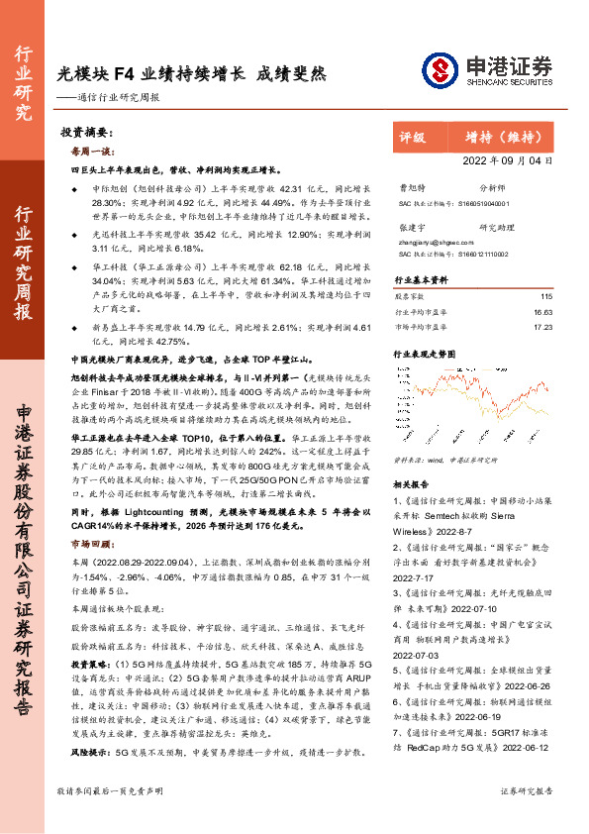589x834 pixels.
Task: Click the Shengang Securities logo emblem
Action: pyautogui.click(x=439, y=69)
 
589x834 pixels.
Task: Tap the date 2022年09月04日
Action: pyautogui.click(x=508, y=159)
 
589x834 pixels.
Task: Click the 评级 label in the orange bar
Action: pyautogui.click(x=412, y=138)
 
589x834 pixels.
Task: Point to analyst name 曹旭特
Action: pyautogui.click(x=410, y=186)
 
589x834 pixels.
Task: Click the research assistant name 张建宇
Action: pyautogui.click(x=410, y=227)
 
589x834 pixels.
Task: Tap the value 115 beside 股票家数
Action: pyautogui.click(x=546, y=296)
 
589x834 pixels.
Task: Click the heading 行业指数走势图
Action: pyautogui.click(x=426, y=354)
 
